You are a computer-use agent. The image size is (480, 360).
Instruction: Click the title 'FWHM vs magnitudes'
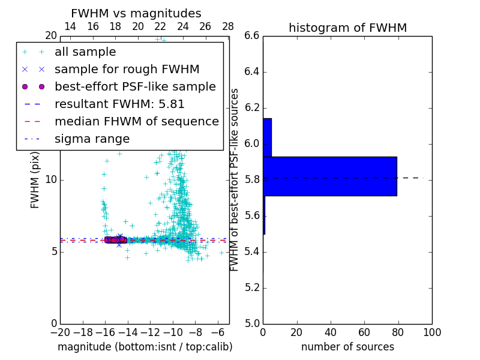tap(136, 14)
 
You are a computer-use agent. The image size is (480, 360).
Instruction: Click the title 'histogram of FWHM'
tap(347, 28)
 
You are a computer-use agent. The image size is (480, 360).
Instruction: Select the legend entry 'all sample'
tap(85, 52)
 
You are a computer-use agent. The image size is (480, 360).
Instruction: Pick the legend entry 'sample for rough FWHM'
tap(127, 70)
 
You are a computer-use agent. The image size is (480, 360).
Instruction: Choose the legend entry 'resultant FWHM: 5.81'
tap(119, 104)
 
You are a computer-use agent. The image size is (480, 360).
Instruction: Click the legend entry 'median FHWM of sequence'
tap(137, 122)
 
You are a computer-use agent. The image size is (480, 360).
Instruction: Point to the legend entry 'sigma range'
tap(92, 139)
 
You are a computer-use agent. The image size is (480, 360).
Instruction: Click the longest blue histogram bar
tap(329, 176)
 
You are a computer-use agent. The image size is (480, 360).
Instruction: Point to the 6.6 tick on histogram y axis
tap(251, 36)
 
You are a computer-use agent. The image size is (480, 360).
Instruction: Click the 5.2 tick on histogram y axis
tap(251, 287)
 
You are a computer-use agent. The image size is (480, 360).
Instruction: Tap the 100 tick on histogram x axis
tap(431, 332)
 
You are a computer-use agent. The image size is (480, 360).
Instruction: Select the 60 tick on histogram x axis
tap(364, 332)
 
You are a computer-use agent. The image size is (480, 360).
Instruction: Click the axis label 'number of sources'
tap(347, 347)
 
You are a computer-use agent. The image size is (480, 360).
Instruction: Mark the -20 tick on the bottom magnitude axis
tap(60, 332)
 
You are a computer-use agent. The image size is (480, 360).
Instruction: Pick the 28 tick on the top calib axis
tap(228, 26)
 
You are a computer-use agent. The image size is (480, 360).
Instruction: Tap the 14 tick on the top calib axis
tap(70, 26)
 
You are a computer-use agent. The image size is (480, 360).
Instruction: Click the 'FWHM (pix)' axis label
tap(35, 179)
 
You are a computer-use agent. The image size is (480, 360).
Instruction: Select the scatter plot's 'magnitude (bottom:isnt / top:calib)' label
tap(145, 347)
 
